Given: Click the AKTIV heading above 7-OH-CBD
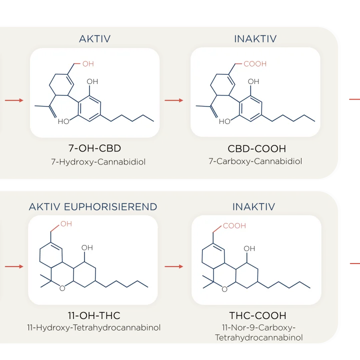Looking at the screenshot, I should point(95,38).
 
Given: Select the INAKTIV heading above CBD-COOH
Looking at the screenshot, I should point(255,38).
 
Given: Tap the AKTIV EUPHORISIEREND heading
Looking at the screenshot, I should point(93,206).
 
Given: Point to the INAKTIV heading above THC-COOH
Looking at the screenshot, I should point(253,206).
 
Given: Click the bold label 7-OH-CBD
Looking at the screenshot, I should point(94,149).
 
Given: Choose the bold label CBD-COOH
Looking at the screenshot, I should point(256,149).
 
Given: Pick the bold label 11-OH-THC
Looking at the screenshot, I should point(94,315).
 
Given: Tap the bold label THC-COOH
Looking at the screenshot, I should point(257,315).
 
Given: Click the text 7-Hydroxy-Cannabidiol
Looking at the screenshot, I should point(94,161).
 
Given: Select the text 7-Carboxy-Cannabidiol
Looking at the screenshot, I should point(256,161).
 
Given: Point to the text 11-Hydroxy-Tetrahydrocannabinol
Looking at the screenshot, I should point(94,328).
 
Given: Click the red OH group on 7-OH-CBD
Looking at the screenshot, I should point(88,64).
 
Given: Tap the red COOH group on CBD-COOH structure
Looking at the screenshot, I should point(255,64).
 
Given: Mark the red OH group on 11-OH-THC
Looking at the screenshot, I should point(66,224).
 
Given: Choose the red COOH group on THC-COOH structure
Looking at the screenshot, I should point(234,226).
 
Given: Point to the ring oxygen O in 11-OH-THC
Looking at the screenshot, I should point(61,288).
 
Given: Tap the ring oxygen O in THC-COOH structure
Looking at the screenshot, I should point(224,288).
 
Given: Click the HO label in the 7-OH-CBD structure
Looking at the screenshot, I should point(63,121).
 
